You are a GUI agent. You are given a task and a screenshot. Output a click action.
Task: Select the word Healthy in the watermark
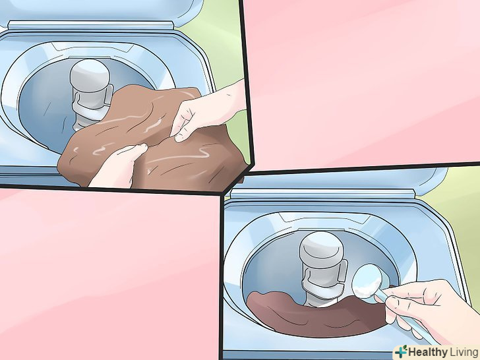(x=427, y=351)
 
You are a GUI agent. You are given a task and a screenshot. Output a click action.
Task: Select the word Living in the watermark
(x=464, y=351)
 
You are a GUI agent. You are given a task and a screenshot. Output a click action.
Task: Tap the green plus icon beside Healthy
(x=402, y=351)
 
